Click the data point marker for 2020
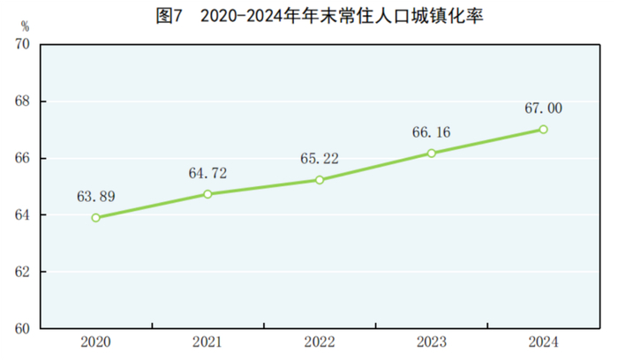pos(95,217)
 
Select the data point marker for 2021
pos(207,193)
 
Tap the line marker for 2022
pos(320,179)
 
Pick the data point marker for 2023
pos(431,153)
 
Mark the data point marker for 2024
pos(543,129)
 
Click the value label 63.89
pos(95,196)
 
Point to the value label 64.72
pos(207,173)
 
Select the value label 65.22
pos(320,159)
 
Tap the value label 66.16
pos(431,132)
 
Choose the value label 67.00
pos(543,109)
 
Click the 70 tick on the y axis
pos(23,45)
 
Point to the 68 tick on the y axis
pos(23,101)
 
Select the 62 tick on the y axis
pos(23,272)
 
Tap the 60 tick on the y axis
pos(23,328)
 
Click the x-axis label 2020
pos(95,342)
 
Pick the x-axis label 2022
pos(320,342)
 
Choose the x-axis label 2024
pos(543,342)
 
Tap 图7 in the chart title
pos(168,16)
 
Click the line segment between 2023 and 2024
pos(487,141)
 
